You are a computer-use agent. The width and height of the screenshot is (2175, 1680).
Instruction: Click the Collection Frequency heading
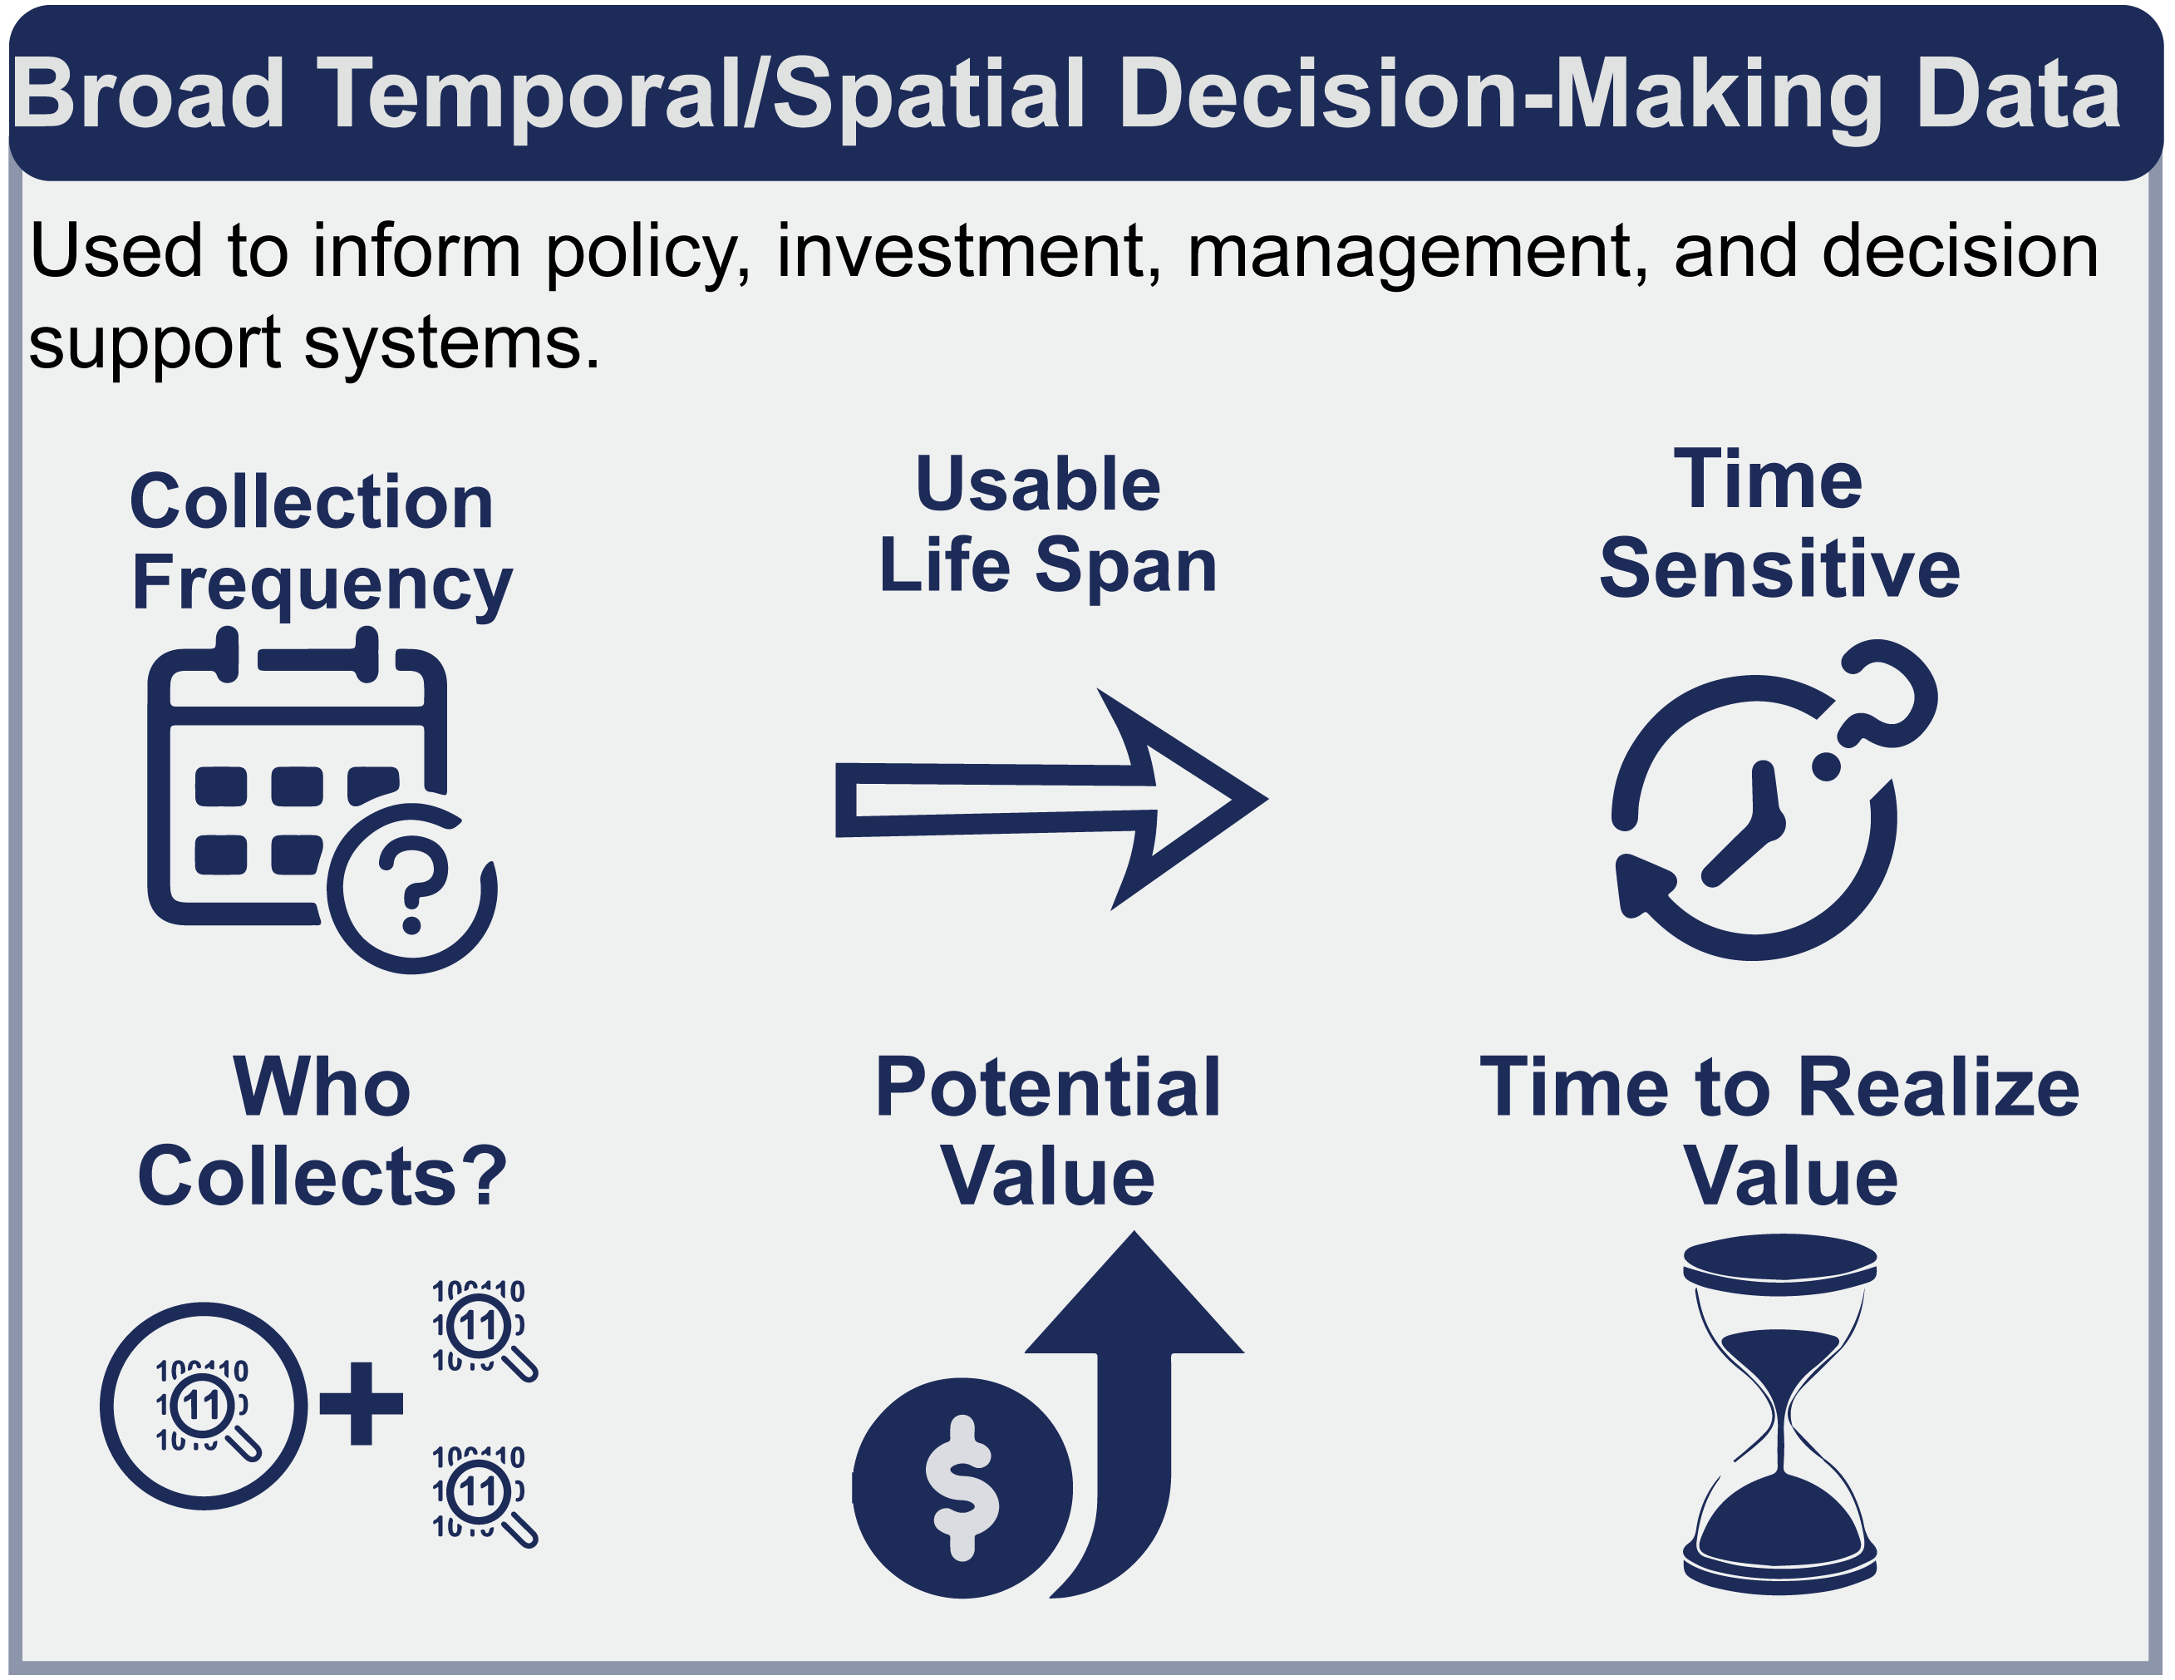321,544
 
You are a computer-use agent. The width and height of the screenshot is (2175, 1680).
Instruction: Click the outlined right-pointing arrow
1051,799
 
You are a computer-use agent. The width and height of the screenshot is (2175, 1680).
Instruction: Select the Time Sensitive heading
1779,525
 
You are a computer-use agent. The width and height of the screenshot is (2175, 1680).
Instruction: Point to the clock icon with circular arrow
1773,800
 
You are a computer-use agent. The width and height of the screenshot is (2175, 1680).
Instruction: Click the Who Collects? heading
321,1131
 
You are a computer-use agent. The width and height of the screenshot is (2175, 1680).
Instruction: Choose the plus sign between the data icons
362,1403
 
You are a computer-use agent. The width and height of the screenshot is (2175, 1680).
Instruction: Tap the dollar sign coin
962,1488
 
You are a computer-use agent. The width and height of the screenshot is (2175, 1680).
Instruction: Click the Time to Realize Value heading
1779,1131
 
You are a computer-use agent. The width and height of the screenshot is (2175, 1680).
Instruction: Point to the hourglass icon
1779,1414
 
